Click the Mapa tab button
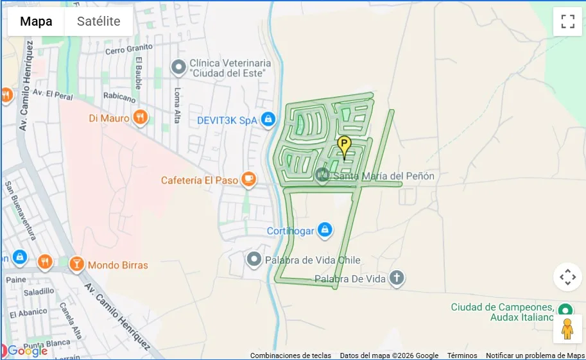36,21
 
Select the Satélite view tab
98,21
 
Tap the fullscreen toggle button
567,21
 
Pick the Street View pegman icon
567,329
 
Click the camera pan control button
567,277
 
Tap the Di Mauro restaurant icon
141,117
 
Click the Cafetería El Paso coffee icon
248,180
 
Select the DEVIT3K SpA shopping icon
268,119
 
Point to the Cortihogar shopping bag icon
325,230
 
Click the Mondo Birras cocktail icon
76,264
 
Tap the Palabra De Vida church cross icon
397,279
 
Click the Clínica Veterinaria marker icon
178,67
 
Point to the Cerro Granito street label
128,49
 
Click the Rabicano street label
119,97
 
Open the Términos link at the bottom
462,356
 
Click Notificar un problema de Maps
535,356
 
